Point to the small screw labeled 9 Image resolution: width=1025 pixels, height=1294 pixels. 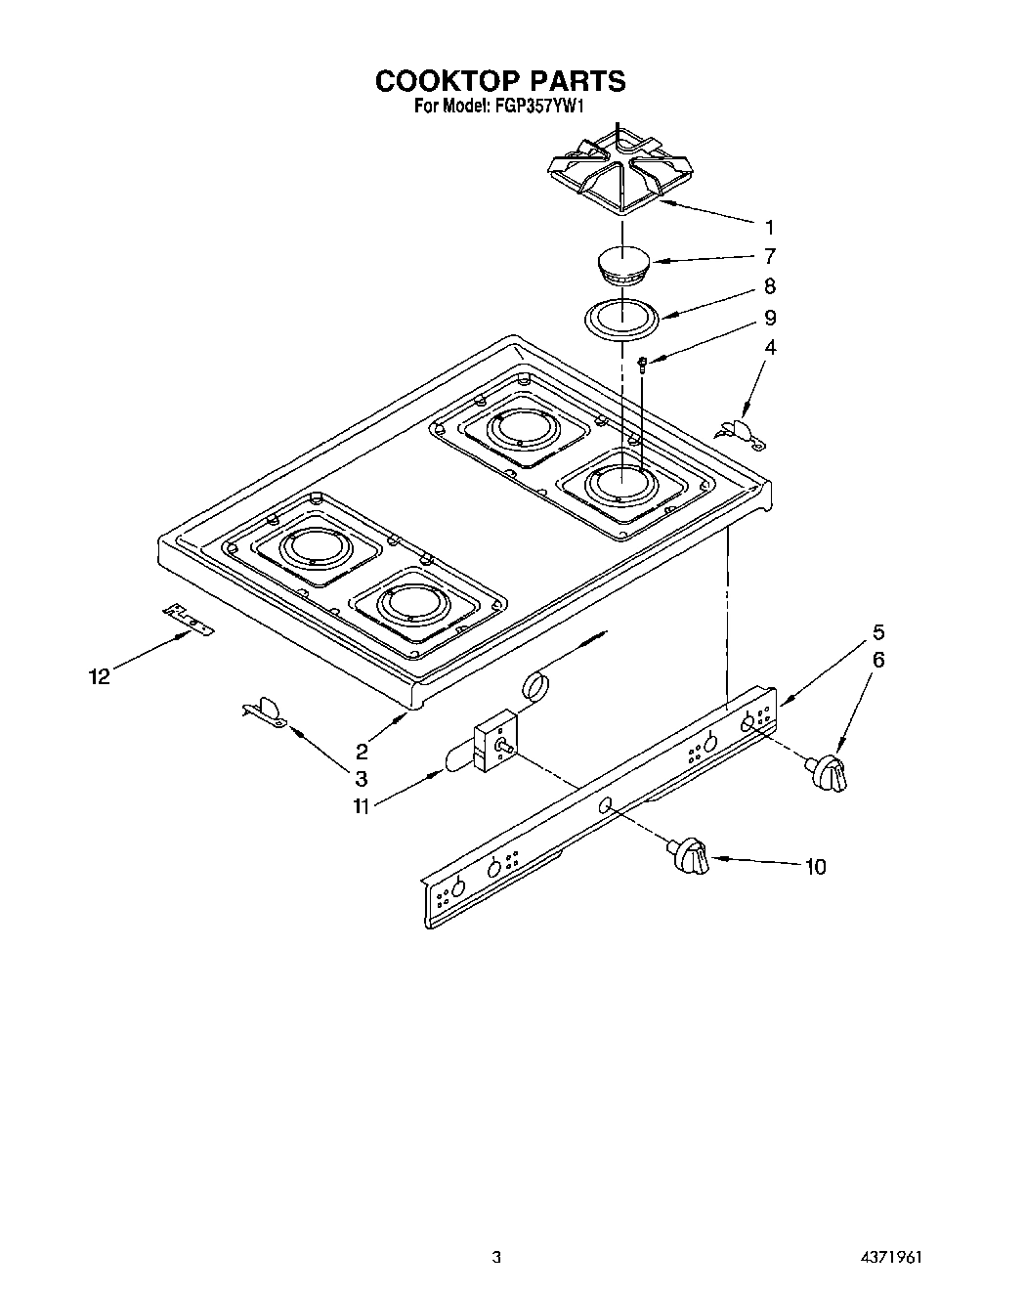(x=643, y=365)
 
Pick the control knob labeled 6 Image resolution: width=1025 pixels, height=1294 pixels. (x=828, y=772)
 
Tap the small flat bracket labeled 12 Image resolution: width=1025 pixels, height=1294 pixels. (x=188, y=618)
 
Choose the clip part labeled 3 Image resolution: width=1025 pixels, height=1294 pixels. (x=265, y=713)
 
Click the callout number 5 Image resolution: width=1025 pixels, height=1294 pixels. (x=878, y=631)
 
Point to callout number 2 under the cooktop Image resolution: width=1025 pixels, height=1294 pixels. (x=362, y=751)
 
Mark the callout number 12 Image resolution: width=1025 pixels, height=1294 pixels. (x=100, y=675)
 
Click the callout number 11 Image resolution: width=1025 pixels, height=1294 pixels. (x=363, y=806)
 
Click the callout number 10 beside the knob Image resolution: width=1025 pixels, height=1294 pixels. (x=815, y=866)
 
